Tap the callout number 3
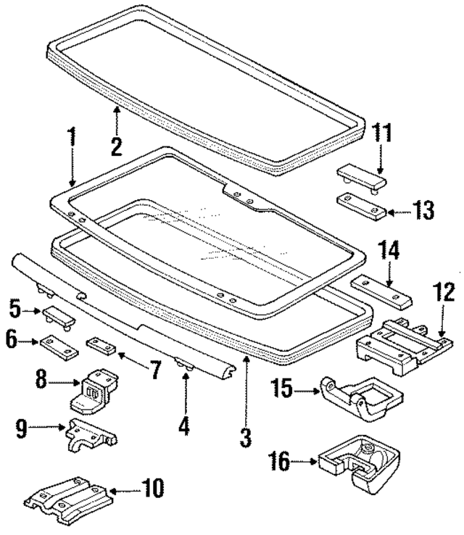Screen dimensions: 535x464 [x=246, y=437]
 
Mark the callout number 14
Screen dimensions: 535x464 [x=389, y=252]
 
